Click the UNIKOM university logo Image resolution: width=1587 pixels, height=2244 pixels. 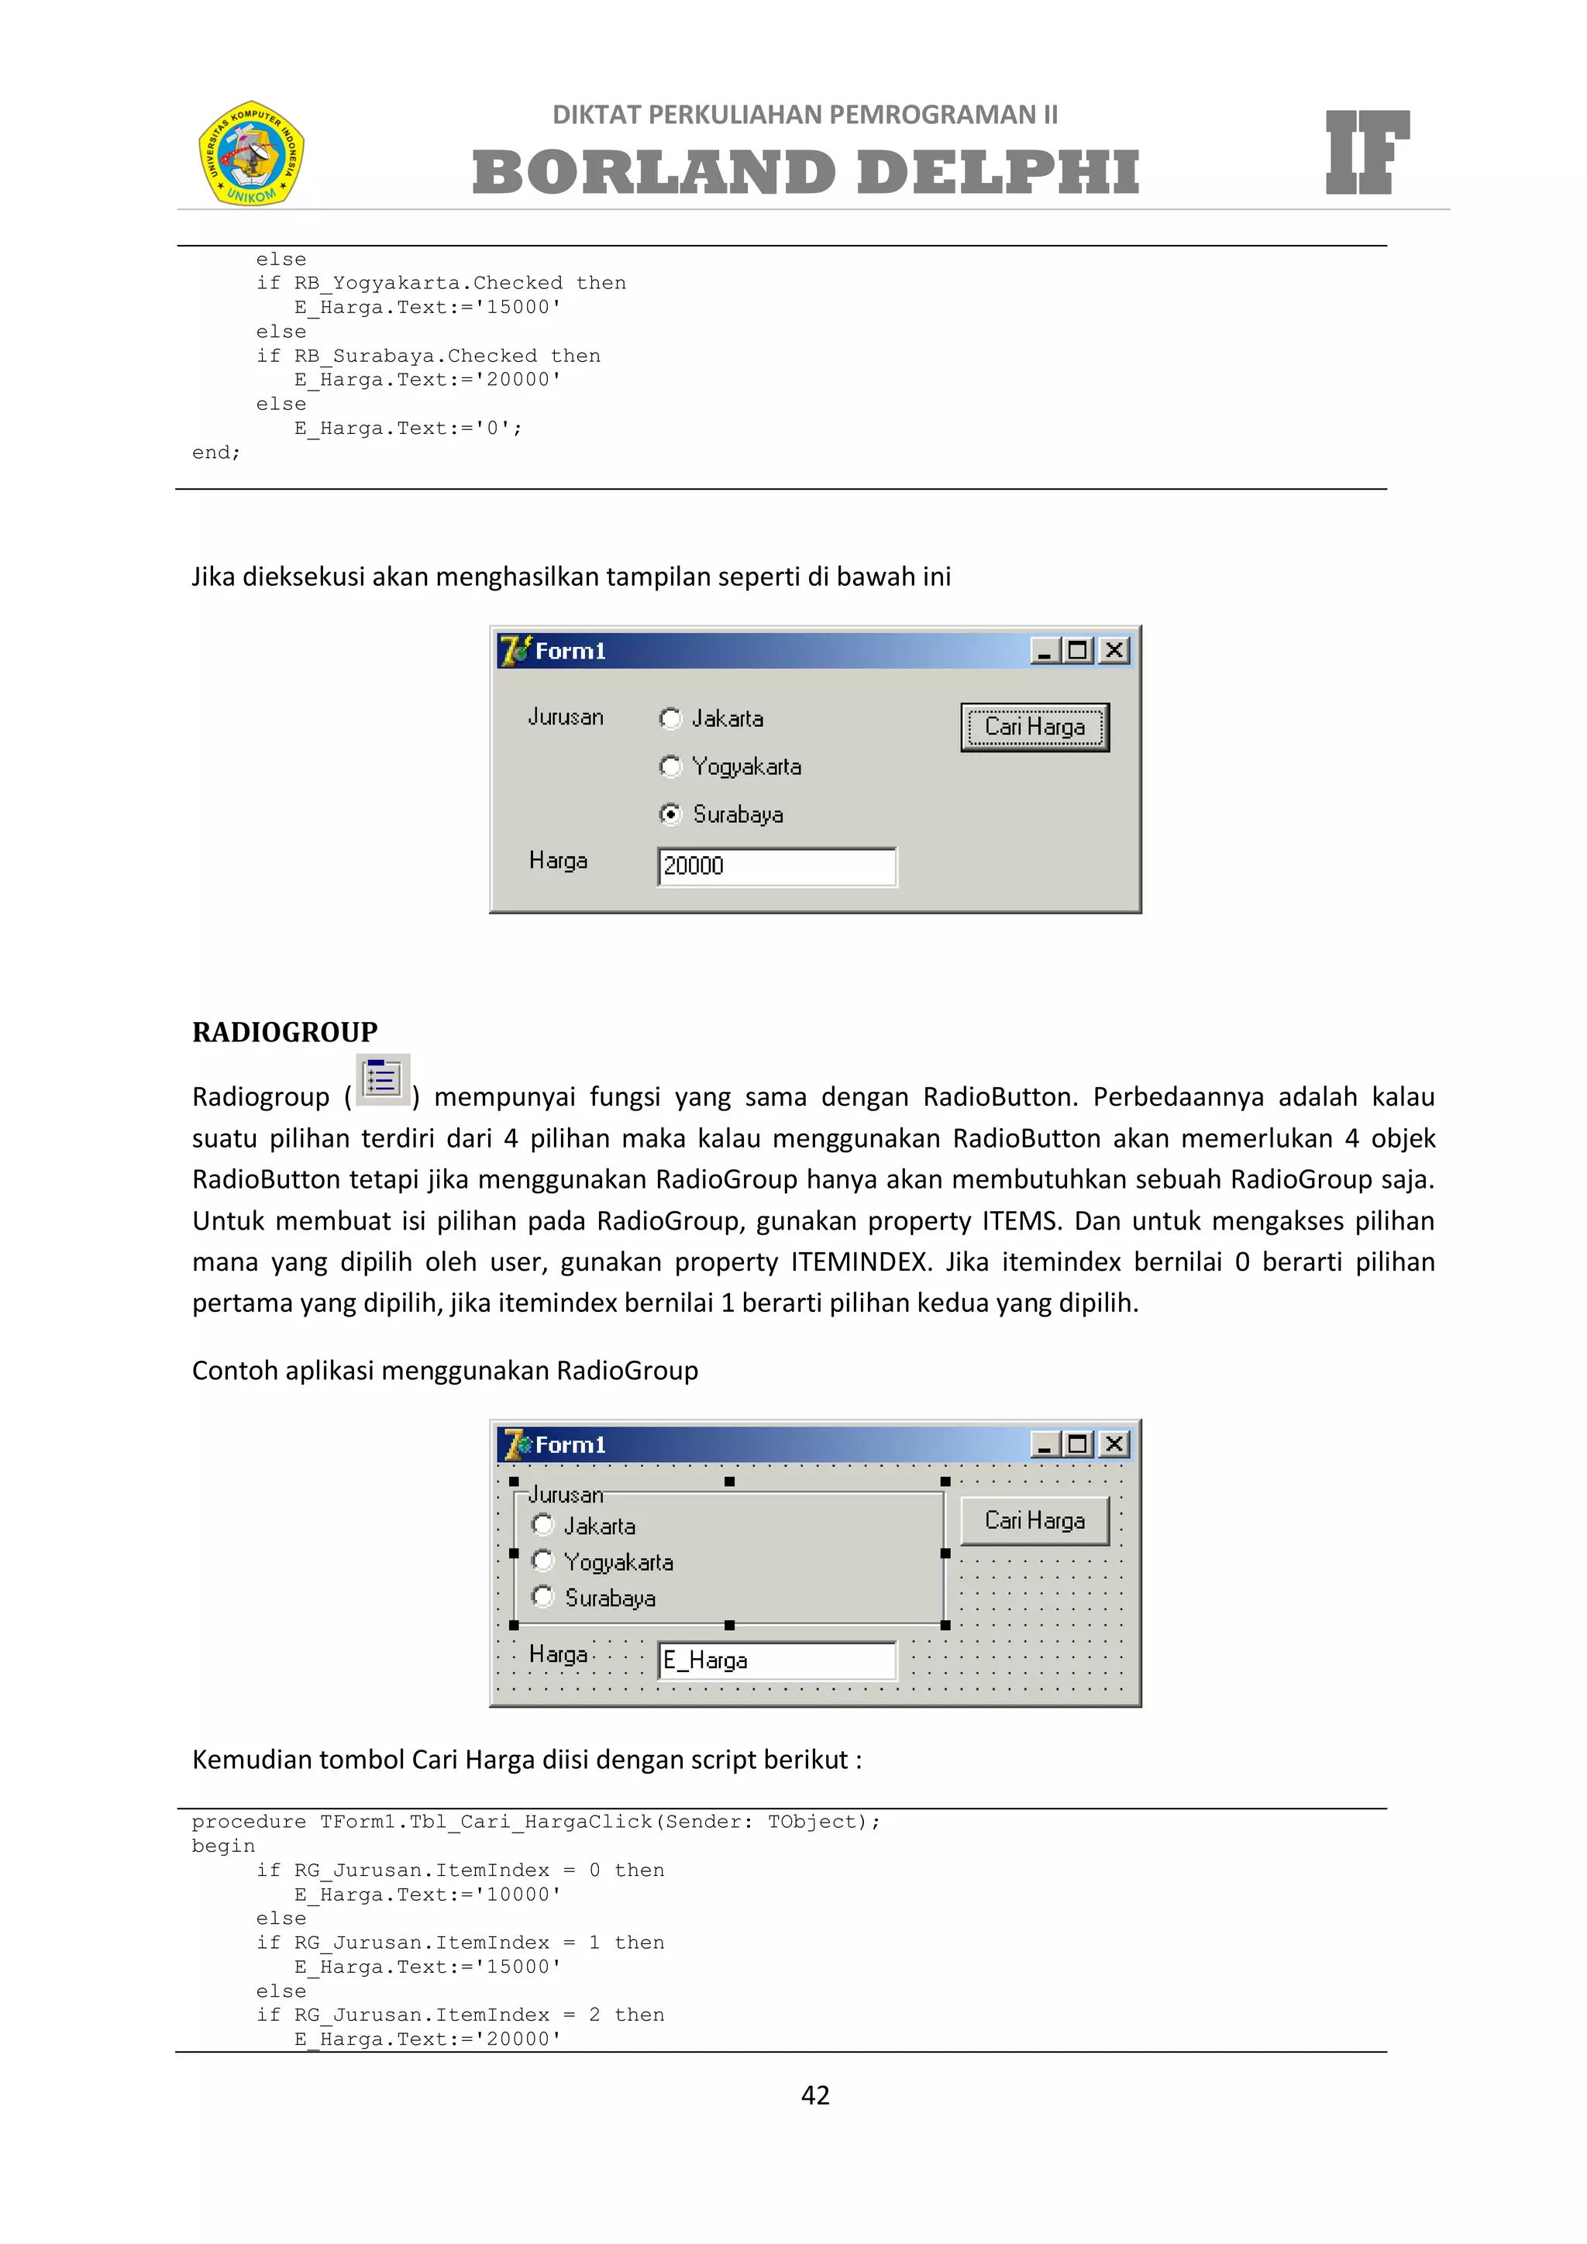pos(251,153)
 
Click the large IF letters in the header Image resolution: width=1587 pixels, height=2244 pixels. pos(1366,153)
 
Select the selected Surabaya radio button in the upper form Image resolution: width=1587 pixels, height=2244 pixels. pos(670,814)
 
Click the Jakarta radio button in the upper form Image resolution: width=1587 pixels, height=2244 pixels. pos(670,718)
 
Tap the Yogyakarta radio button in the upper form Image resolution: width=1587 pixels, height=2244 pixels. pos(670,766)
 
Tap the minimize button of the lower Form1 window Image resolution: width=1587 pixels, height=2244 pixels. pos(1045,1444)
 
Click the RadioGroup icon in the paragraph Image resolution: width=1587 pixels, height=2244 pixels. pos(382,1080)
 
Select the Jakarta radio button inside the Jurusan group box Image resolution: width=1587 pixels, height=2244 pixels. pos(543,1525)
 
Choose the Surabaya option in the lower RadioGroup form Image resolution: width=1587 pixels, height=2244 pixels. pos(543,1597)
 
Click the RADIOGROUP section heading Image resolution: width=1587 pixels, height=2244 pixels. pos(284,1032)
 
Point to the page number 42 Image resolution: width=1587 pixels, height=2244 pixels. pos(815,2094)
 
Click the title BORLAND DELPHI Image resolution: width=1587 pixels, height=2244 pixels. pos(805,172)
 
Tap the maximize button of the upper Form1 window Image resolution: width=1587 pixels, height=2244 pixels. pos(1079,651)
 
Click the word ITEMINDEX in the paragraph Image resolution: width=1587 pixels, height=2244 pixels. pos(858,1261)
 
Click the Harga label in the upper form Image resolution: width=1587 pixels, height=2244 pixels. pos(558,861)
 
